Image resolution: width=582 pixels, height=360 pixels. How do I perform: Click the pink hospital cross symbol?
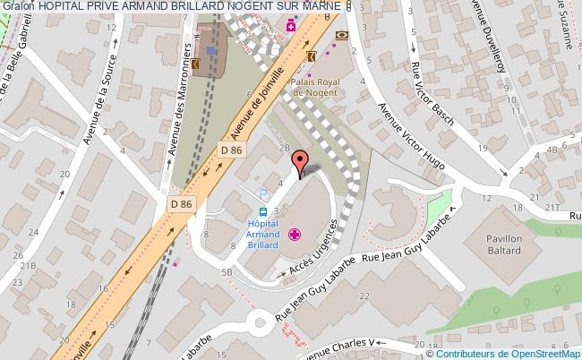click(x=295, y=236)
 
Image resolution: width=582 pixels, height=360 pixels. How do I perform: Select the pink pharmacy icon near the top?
click(x=291, y=28)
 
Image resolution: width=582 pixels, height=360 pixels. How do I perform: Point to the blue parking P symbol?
click(x=263, y=193)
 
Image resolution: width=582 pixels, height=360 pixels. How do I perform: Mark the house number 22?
click(x=362, y=296)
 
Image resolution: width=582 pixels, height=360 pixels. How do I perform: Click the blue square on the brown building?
click(x=210, y=51)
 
